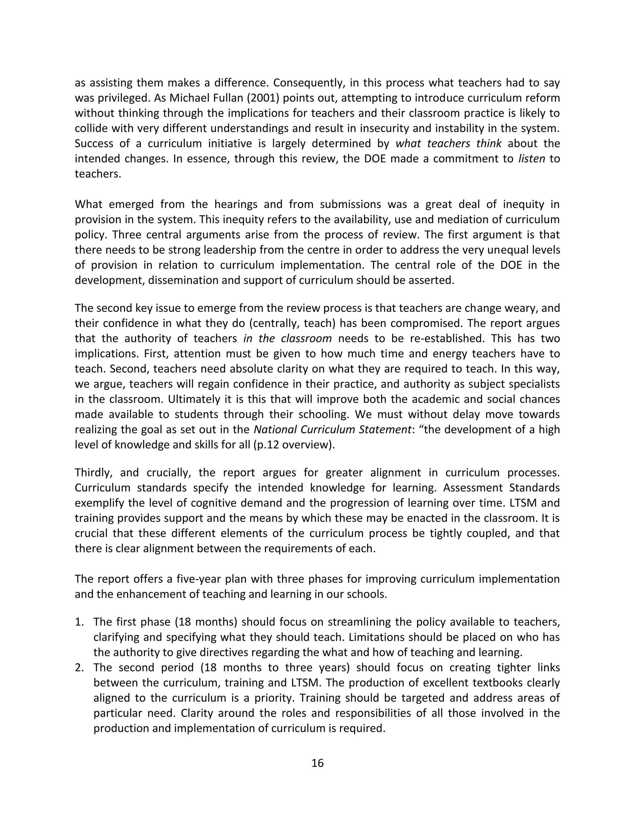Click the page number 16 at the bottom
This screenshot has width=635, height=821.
pos(317,763)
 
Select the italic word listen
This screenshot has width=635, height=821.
pos(531,159)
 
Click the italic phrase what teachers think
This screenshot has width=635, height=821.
pos(448,144)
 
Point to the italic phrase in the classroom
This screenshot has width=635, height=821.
pos(287,338)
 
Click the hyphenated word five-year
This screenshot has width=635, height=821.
pos(198,579)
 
